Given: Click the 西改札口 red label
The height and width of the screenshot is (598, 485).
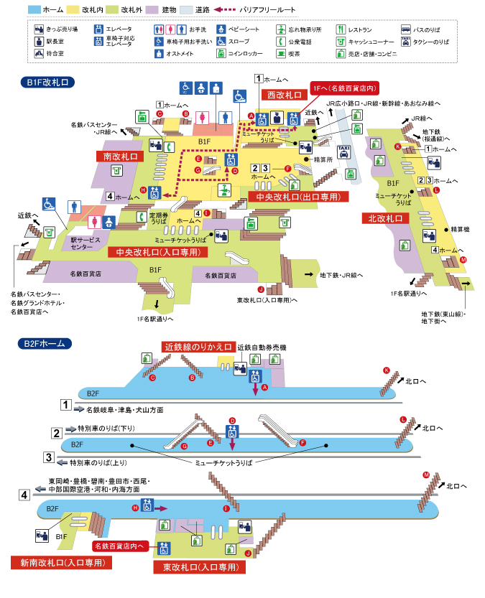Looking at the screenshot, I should [x=284, y=95].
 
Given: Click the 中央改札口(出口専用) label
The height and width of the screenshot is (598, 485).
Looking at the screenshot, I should [x=297, y=197].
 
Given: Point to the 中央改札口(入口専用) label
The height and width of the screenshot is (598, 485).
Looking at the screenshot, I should [x=157, y=252].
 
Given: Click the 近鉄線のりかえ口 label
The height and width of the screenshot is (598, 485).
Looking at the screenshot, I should [x=198, y=347].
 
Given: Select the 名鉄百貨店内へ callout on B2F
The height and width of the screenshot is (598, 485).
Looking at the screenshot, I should [x=121, y=546].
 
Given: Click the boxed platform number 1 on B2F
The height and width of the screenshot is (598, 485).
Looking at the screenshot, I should [x=66, y=406].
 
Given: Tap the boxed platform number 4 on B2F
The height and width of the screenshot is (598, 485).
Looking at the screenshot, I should [x=24, y=495].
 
